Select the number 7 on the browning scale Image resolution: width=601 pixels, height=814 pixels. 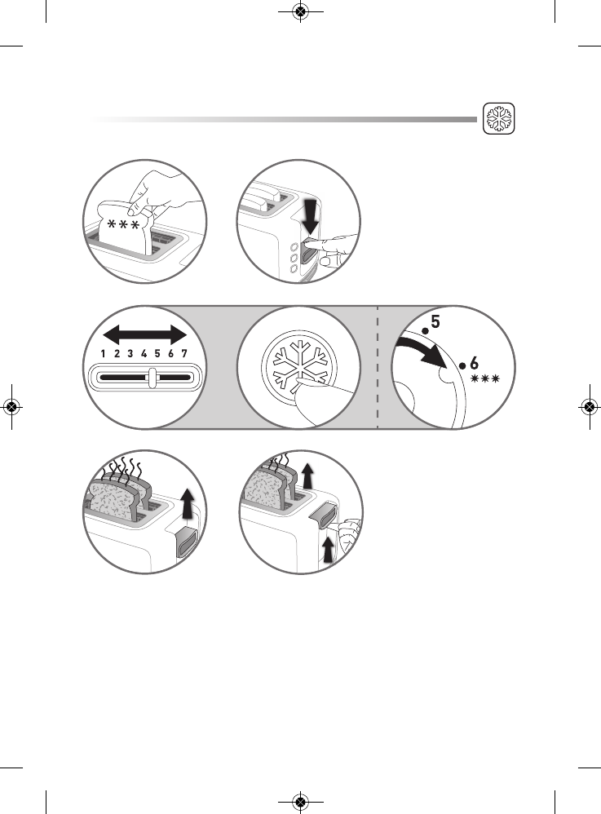(x=183, y=355)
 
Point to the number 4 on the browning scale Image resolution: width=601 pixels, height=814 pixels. (x=144, y=355)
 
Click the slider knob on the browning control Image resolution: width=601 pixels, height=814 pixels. (x=152, y=378)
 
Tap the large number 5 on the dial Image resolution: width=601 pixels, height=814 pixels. (x=435, y=323)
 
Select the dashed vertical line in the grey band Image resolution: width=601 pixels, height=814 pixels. (x=378, y=367)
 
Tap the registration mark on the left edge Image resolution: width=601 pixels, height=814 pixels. (x=12, y=407)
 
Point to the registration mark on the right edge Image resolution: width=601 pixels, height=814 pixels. (x=589, y=407)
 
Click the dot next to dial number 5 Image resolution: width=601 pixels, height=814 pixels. (x=425, y=331)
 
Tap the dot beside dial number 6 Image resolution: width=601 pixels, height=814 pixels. (x=462, y=366)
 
